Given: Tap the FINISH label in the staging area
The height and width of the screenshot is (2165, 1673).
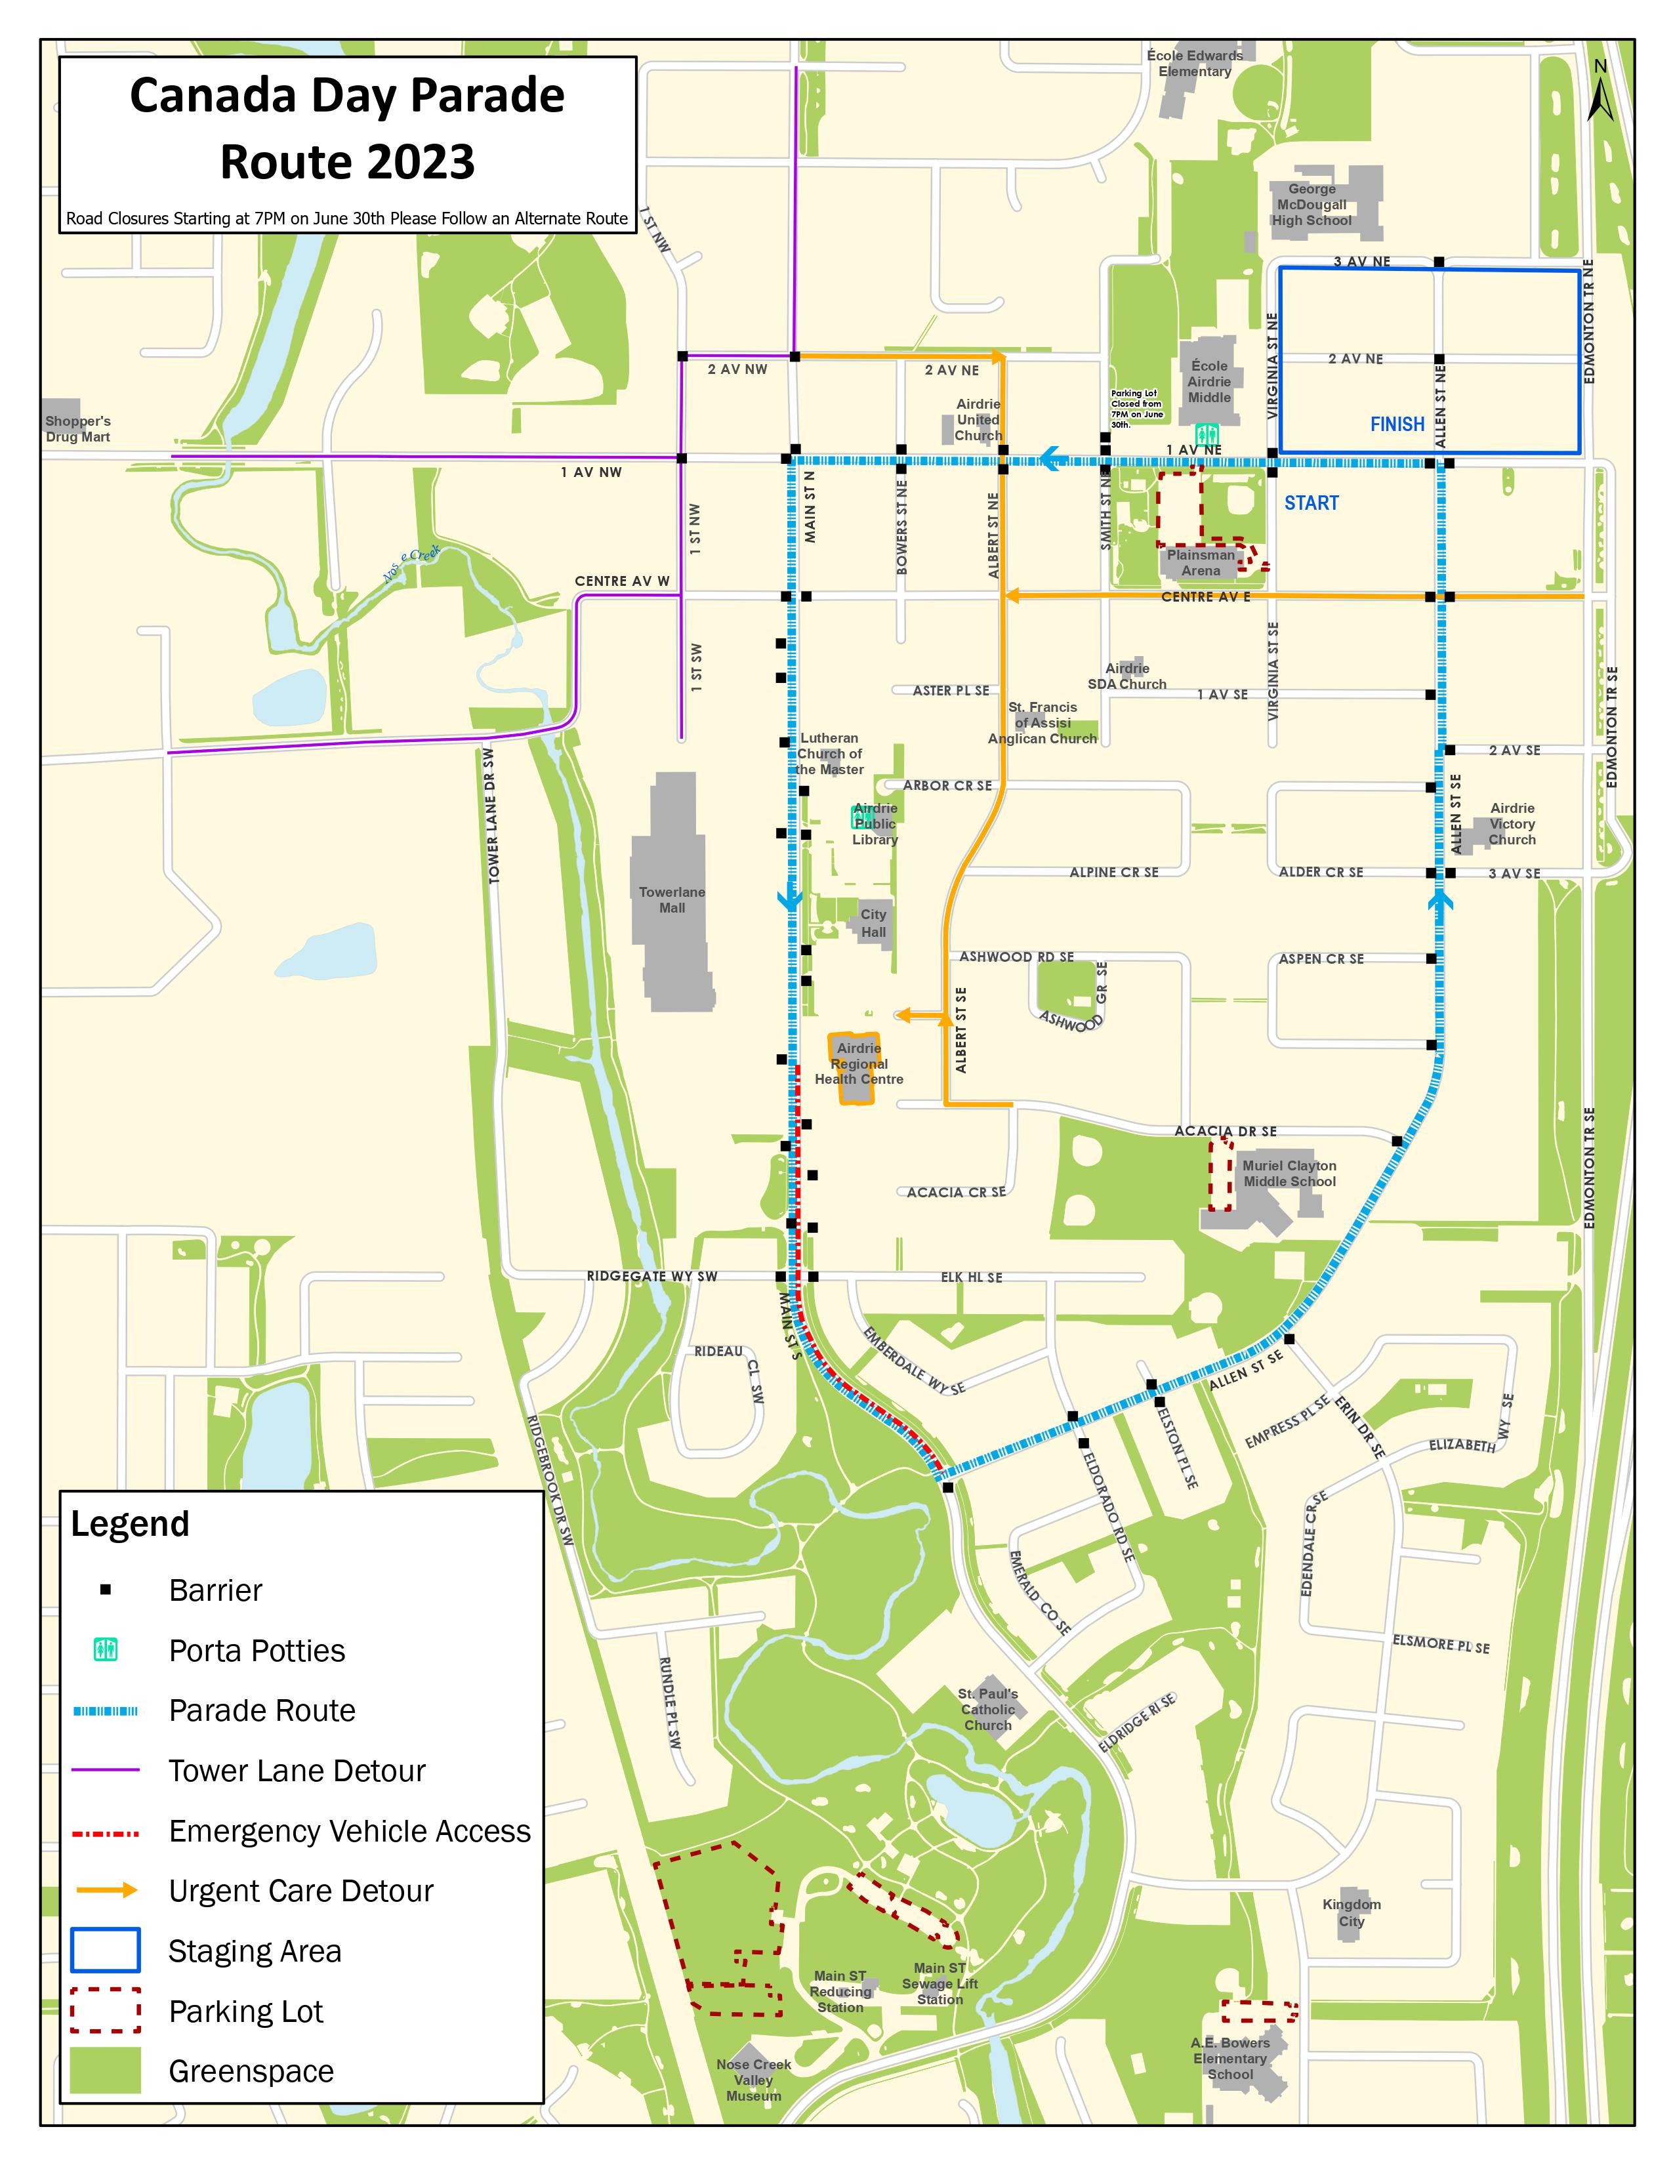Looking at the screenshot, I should pyautogui.click(x=1397, y=424).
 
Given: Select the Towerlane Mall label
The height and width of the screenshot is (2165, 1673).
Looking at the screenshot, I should pyautogui.click(x=672, y=899).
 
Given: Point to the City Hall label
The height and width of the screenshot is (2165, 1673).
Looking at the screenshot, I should pyautogui.click(x=873, y=923).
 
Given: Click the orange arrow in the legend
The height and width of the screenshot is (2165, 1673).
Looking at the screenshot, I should pyautogui.click(x=107, y=1890).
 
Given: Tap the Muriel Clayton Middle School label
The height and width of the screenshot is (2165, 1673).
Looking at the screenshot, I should pyautogui.click(x=1289, y=1174).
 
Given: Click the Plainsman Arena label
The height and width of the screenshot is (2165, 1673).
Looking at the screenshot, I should pyautogui.click(x=1200, y=562).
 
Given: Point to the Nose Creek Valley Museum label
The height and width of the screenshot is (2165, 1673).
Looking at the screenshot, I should pyautogui.click(x=753, y=2080).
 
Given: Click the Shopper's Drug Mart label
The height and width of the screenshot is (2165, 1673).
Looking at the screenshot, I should pyautogui.click(x=77, y=429).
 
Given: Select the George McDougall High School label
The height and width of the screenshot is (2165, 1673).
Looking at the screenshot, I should pyautogui.click(x=1312, y=204).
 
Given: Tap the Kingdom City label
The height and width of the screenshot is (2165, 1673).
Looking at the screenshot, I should pyautogui.click(x=1351, y=1912).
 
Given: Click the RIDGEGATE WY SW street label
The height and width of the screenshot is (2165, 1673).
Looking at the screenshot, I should pyautogui.click(x=651, y=1276).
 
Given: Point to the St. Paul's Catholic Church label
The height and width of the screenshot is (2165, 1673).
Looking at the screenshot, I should pyautogui.click(x=987, y=1709).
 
